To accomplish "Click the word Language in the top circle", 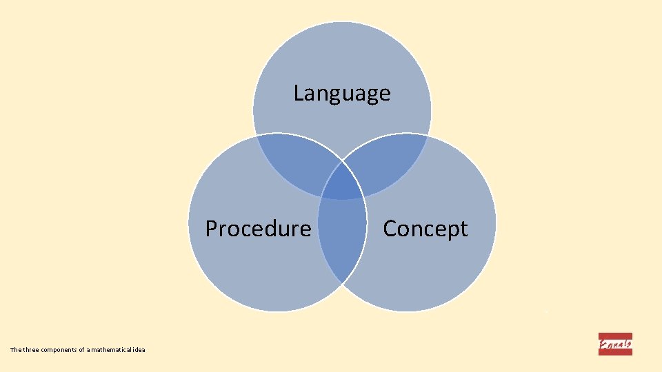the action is tap(342, 93).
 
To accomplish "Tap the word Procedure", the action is tap(258, 228).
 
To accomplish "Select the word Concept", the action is tap(425, 228).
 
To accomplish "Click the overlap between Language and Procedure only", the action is tap(293, 162).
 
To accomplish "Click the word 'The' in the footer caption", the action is tap(16, 351).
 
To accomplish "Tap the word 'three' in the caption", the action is tap(32, 351).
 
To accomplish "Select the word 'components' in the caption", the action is tap(59, 351).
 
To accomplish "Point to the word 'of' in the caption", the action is tap(81, 351).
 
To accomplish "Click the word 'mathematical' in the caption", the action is tap(110, 351).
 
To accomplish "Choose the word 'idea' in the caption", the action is tap(139, 351).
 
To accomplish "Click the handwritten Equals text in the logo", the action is tap(615, 344).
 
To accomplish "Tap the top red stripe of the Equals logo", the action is tap(615, 335).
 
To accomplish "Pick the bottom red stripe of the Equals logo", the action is tap(615, 353).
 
